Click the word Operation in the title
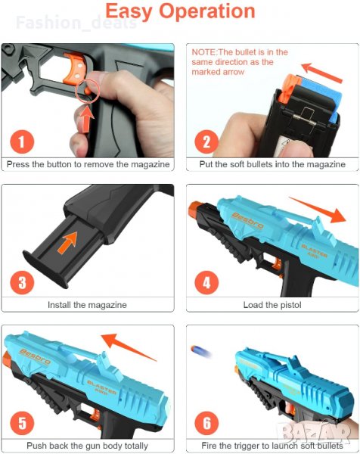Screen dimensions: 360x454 [207, 11]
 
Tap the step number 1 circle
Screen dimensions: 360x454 [22, 142]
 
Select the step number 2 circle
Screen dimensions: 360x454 [206, 142]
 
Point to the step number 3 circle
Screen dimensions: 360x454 [22, 282]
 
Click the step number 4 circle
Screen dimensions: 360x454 [206, 282]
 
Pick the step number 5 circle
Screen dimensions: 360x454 [22, 423]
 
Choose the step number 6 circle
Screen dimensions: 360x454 [206, 423]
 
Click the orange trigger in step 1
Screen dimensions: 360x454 [76, 69]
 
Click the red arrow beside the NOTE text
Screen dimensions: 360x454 [322, 73]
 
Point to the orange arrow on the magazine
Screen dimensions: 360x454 [67, 243]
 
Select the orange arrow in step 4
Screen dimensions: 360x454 [318, 210]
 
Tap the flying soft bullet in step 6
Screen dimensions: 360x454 [200, 351]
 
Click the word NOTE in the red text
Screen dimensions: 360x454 [203, 52]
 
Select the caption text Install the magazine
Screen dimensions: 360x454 [87, 305]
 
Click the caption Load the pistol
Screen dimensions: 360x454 [272, 305]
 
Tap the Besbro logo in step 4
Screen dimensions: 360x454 [247, 221]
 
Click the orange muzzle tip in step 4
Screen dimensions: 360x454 [194, 209]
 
